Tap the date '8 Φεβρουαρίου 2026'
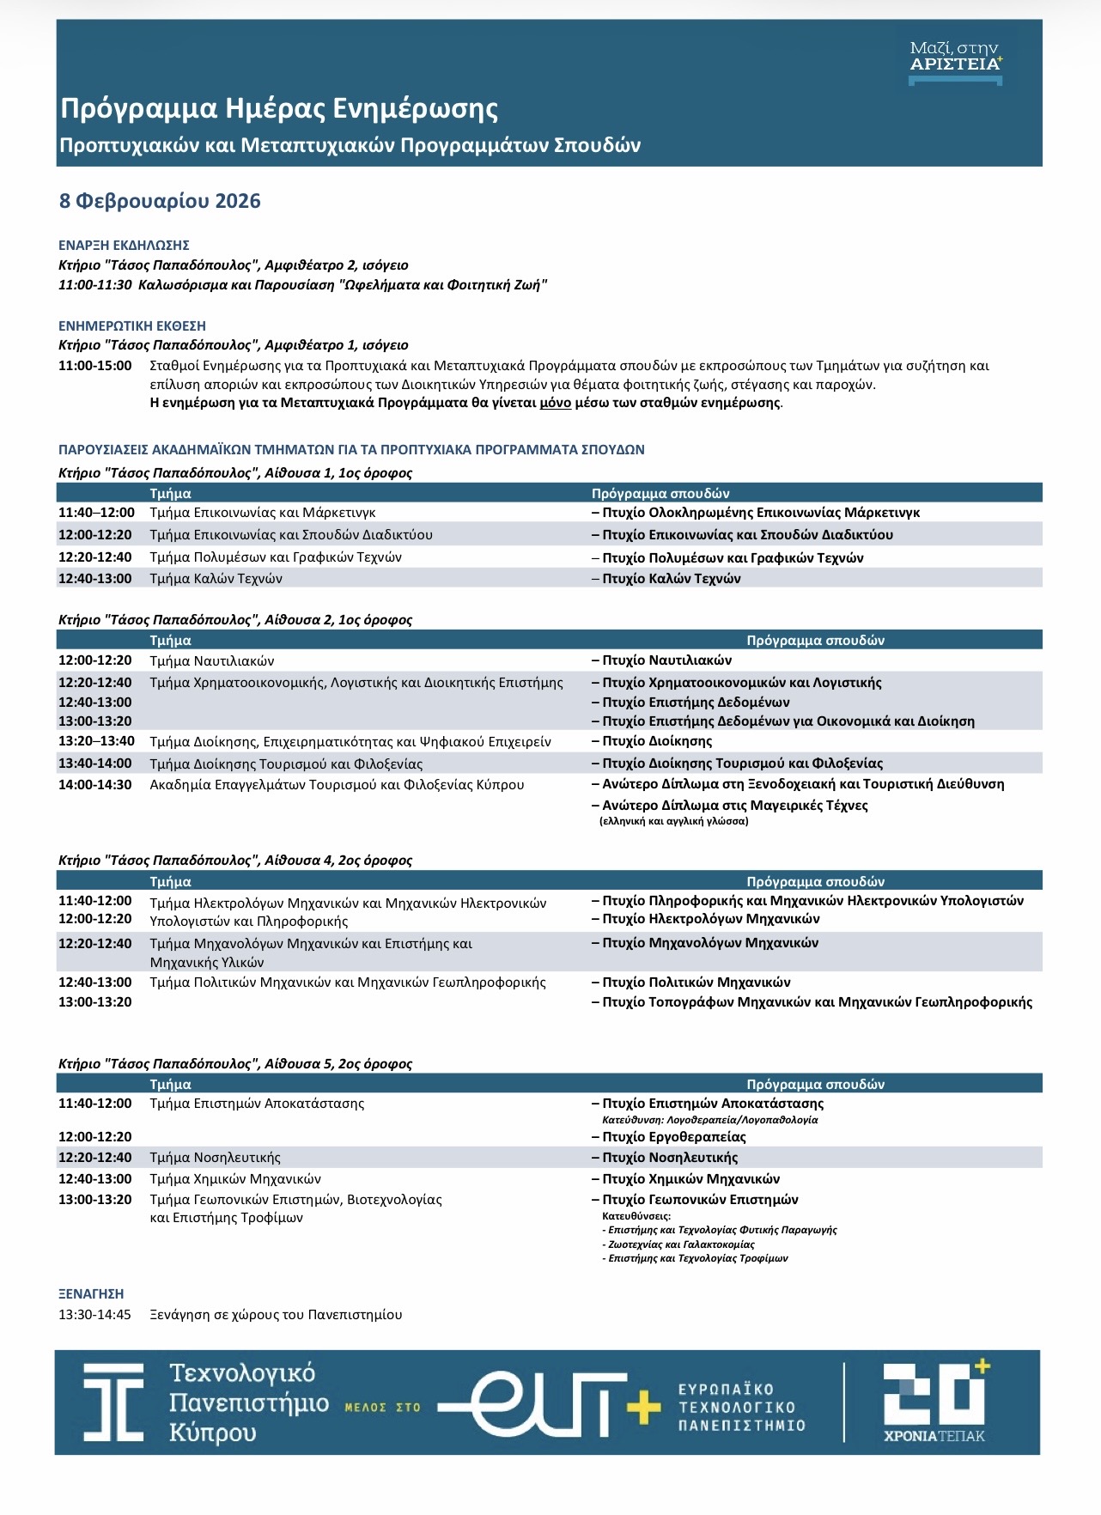pyautogui.click(x=160, y=201)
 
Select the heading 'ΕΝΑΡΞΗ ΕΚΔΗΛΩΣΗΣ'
pyautogui.click(x=124, y=245)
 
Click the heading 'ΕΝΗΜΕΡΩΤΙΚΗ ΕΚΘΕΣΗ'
pyautogui.click(x=132, y=326)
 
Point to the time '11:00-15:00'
pyautogui.click(x=95, y=366)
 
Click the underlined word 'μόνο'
pyautogui.click(x=555, y=402)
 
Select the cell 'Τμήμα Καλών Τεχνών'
pyautogui.click(x=216, y=579)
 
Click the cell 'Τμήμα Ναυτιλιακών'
pyautogui.click(x=212, y=660)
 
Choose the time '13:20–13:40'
pyautogui.click(x=96, y=741)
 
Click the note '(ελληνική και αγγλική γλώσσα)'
pyautogui.click(x=673, y=821)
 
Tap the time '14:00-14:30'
pyautogui.click(x=95, y=784)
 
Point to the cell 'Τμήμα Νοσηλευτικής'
pyautogui.click(x=215, y=1158)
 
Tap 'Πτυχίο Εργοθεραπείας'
pyautogui.click(x=673, y=1137)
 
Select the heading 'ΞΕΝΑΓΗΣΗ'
pyautogui.click(x=91, y=1293)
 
